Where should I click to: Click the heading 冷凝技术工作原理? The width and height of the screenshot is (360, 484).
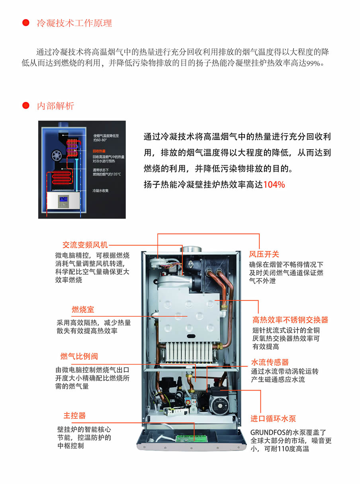74,23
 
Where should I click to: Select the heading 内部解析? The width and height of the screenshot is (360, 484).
55,106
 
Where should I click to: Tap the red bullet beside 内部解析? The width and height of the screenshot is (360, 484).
26,106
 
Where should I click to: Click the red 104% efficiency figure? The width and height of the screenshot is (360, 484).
274,185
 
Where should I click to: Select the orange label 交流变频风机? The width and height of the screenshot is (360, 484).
85,245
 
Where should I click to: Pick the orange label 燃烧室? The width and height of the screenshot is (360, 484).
83,310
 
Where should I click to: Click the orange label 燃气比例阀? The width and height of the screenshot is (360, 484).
79,356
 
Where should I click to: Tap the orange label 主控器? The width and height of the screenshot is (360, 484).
74,416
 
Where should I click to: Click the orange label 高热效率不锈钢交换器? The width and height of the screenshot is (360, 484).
290,320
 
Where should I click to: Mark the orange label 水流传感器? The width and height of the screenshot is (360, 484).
270,362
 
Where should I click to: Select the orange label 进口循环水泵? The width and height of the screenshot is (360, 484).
273,419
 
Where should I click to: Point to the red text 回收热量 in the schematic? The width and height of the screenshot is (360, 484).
99,151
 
